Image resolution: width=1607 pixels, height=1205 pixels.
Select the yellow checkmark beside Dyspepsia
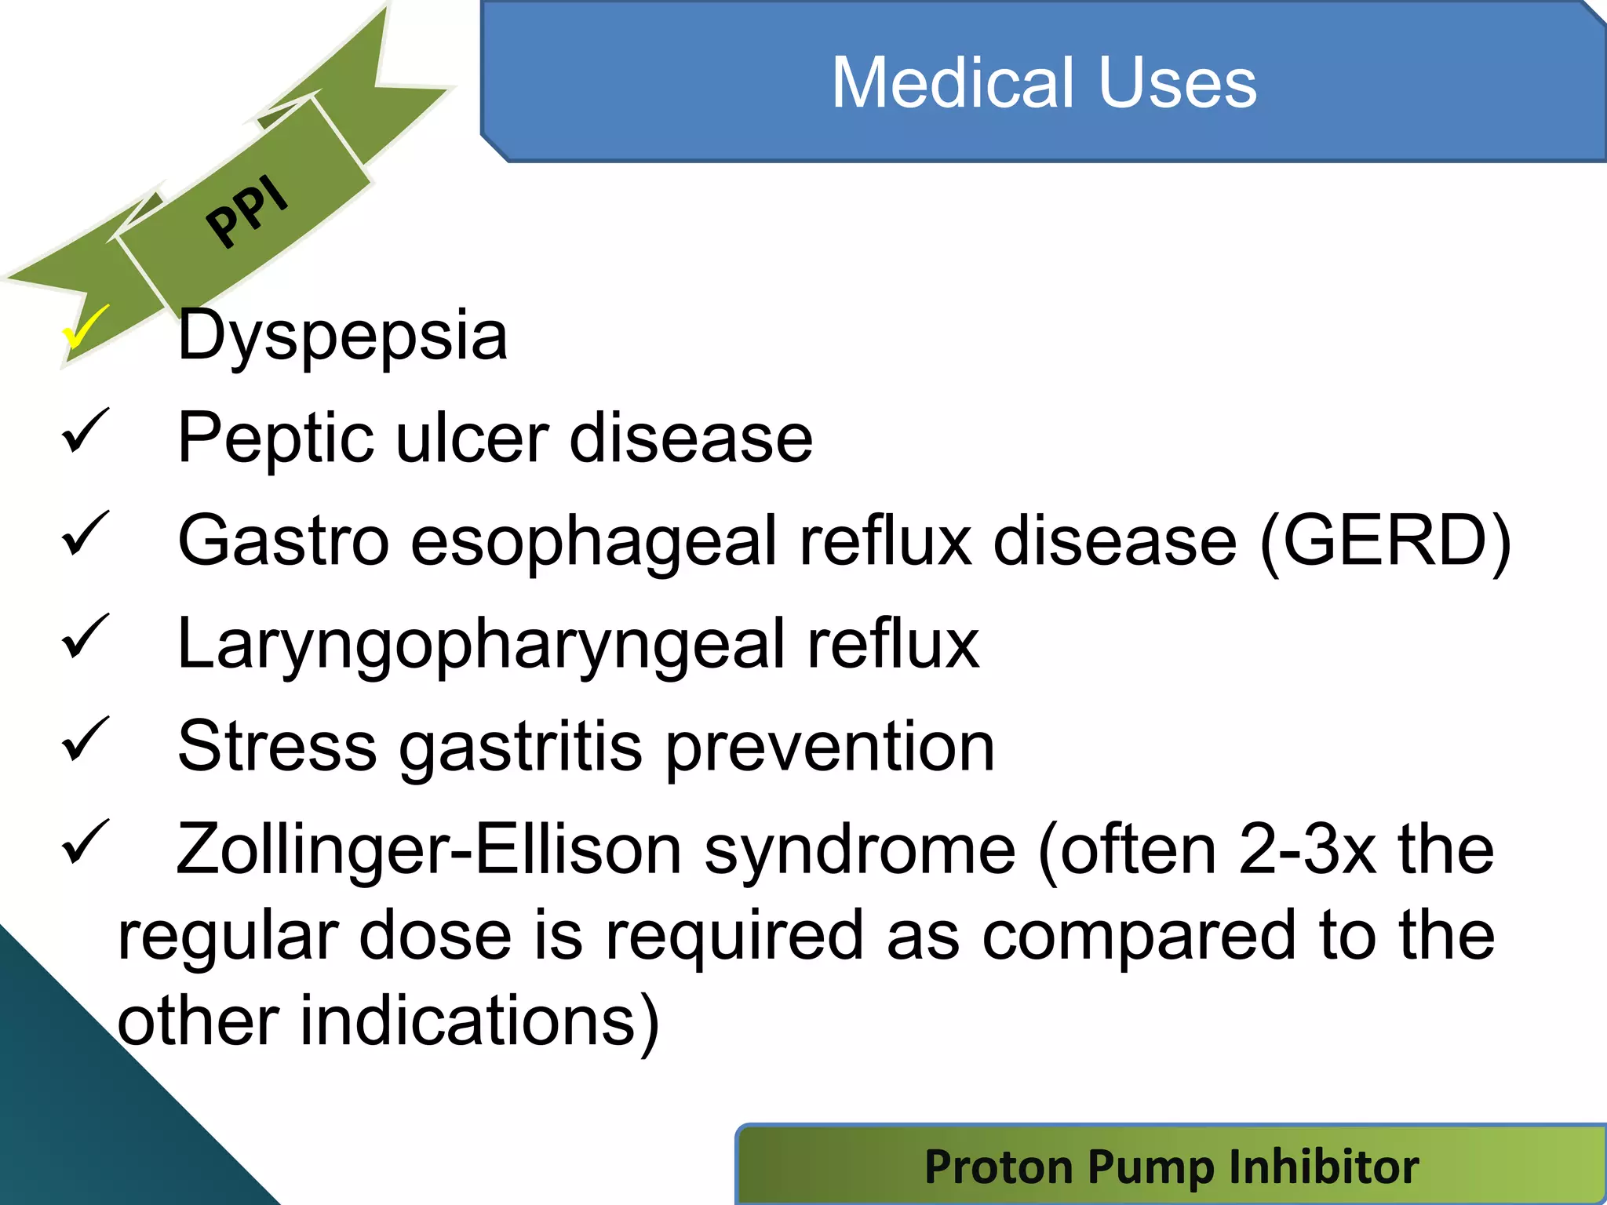pyautogui.click(x=85, y=328)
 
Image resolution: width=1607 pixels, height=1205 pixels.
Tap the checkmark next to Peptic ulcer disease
pyautogui.click(x=85, y=431)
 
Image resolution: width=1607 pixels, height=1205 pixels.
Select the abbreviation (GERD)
pyautogui.click(x=1384, y=541)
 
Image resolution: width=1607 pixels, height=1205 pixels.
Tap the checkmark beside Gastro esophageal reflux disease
pyautogui.click(x=85, y=533)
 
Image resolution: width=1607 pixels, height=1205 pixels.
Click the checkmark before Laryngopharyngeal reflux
pyautogui.click(x=85, y=636)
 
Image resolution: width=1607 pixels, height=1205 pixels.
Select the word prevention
pyautogui.click(x=830, y=748)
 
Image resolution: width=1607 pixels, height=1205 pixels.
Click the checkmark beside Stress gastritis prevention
pyautogui.click(x=85, y=739)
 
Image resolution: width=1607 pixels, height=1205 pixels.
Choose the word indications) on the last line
pyautogui.click(x=479, y=1022)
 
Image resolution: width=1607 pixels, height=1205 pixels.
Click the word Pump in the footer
pyautogui.click(x=1153, y=1167)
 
